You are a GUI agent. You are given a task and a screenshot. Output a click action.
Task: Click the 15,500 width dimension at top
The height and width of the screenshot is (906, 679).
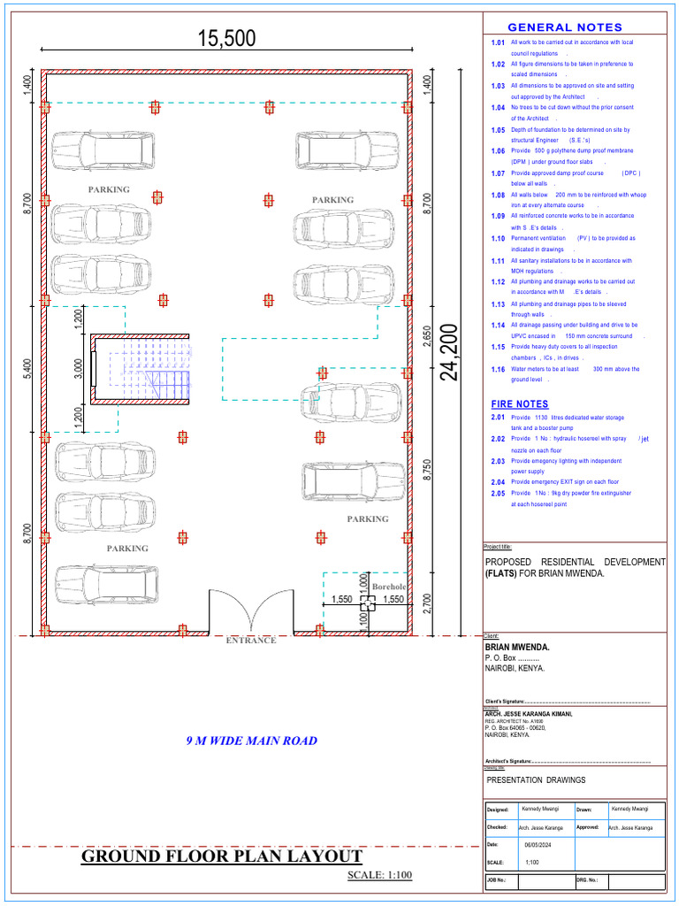coord(226,38)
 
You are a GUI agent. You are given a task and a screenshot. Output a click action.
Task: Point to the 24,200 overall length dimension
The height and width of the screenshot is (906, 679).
coord(452,352)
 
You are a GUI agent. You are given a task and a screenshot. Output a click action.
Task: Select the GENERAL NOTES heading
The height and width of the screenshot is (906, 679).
coord(564,27)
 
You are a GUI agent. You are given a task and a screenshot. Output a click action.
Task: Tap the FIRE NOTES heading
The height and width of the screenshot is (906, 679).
coord(519,403)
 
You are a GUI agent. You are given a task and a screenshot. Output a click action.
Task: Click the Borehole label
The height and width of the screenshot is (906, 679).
coord(389,587)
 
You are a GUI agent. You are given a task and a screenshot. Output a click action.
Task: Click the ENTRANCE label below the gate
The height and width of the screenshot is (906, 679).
coord(251,640)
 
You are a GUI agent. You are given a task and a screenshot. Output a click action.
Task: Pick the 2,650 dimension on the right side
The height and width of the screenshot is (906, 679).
coord(427,337)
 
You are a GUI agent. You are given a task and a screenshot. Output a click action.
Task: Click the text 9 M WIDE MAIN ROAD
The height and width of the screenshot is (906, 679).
coord(251,741)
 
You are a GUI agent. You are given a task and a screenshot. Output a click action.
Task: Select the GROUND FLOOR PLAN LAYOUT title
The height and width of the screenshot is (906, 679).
coord(222,856)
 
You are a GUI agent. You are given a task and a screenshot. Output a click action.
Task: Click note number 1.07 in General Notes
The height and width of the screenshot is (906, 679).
coord(498,173)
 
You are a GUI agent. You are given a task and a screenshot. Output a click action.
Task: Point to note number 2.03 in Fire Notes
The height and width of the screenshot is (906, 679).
coord(498,461)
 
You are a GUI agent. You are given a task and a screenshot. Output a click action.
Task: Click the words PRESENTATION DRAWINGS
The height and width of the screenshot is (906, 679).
coord(536,779)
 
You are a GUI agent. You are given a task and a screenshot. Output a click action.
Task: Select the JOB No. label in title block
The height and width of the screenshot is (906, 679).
coord(496,880)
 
